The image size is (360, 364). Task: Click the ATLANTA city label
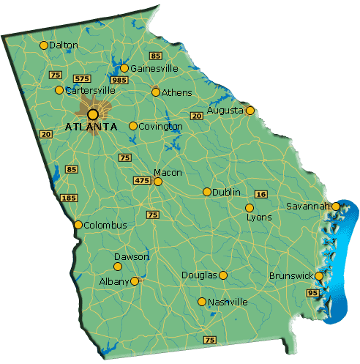(91, 127)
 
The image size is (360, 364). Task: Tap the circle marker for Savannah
(336, 207)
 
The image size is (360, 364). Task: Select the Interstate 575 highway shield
(81, 78)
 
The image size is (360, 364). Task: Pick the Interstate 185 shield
(70, 198)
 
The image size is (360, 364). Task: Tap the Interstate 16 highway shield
(260, 194)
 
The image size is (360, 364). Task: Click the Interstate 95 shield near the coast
(314, 293)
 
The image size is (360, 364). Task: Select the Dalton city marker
(44, 45)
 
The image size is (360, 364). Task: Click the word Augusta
(225, 111)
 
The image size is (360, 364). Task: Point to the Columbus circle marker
(78, 225)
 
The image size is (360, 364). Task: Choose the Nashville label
(228, 302)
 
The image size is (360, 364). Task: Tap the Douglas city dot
(223, 275)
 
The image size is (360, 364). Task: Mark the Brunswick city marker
(319, 276)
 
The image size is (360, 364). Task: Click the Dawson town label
(132, 257)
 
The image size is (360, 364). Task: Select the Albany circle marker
(135, 281)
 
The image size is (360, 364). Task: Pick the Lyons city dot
(249, 208)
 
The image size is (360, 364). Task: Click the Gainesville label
(154, 68)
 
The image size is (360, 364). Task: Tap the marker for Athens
(156, 92)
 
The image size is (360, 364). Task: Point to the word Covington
(161, 127)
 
